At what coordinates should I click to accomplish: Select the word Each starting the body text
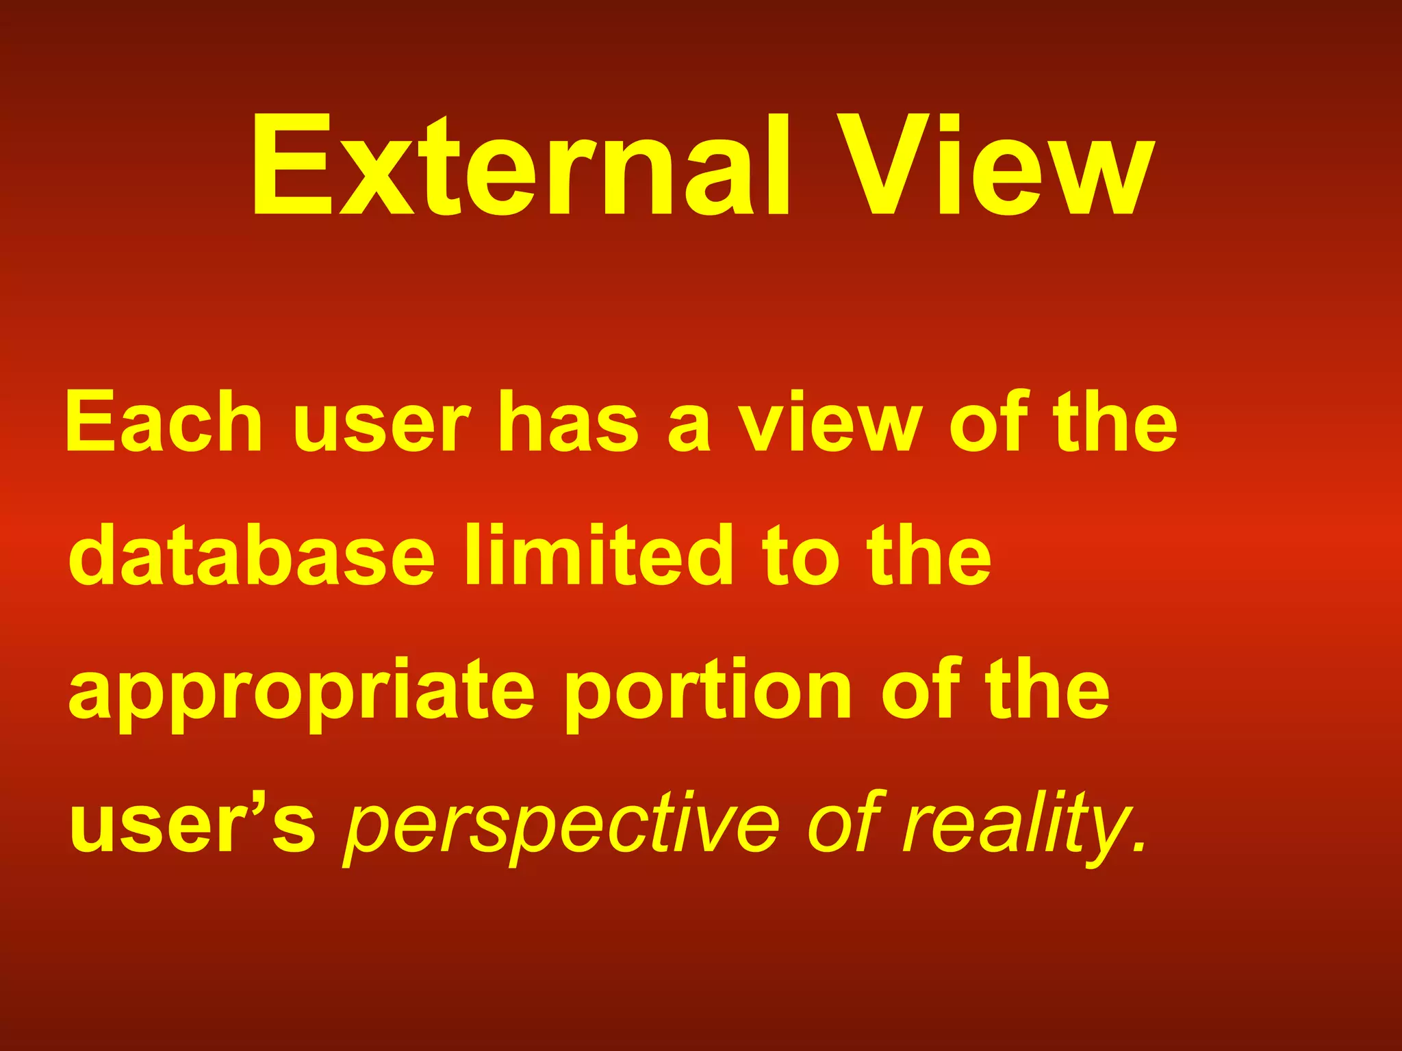click(164, 422)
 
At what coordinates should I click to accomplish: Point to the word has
click(569, 422)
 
